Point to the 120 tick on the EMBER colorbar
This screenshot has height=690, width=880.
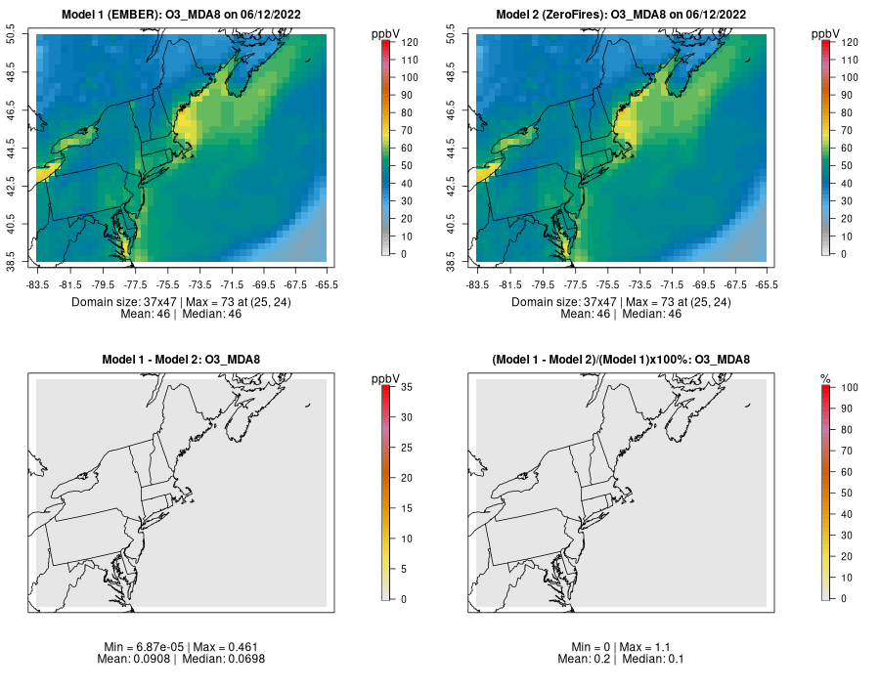[409, 42]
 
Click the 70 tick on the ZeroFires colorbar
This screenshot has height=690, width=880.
[846, 130]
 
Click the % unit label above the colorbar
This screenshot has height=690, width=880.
[824, 378]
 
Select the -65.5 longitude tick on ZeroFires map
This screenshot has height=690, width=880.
[767, 284]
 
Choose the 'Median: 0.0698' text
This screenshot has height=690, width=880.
[224, 659]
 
